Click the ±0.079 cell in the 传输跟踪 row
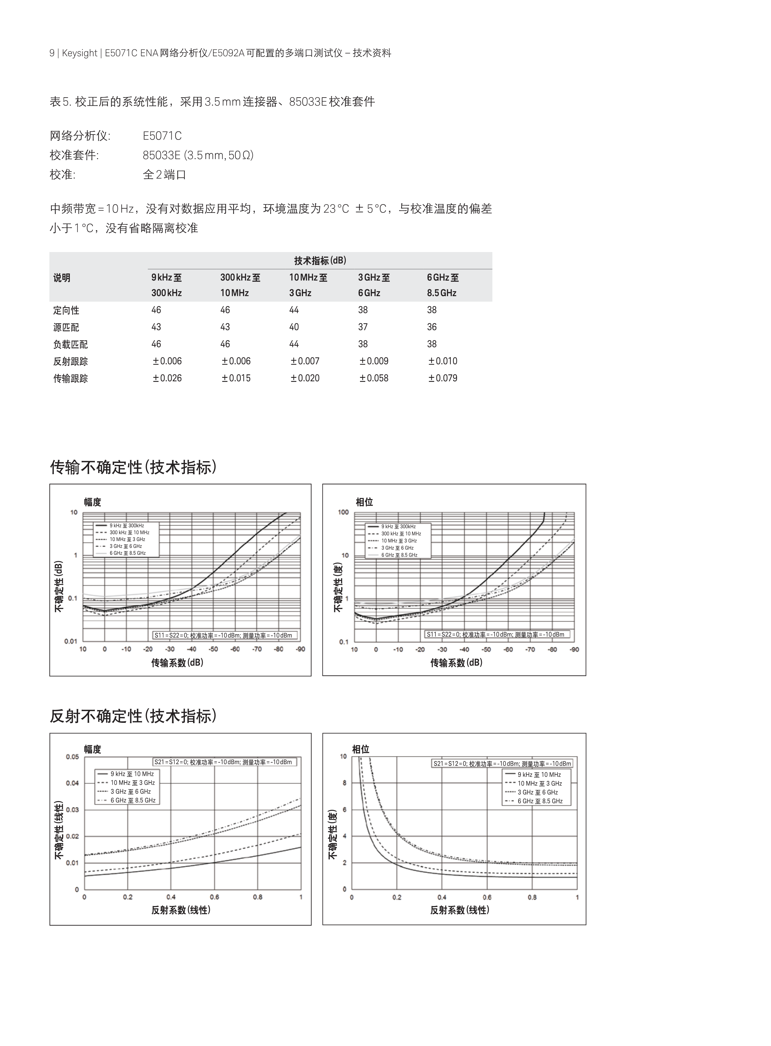click(442, 378)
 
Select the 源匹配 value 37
click(362, 327)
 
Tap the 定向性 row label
click(66, 310)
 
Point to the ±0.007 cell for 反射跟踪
click(305, 361)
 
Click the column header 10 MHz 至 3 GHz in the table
click(308, 285)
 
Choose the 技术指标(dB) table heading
click(320, 261)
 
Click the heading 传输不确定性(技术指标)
click(133, 467)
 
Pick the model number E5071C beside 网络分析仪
click(162, 136)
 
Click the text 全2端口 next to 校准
click(164, 175)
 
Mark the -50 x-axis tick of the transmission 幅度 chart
click(213, 649)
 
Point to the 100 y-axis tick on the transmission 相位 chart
click(344, 512)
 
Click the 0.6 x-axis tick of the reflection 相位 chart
click(487, 897)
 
